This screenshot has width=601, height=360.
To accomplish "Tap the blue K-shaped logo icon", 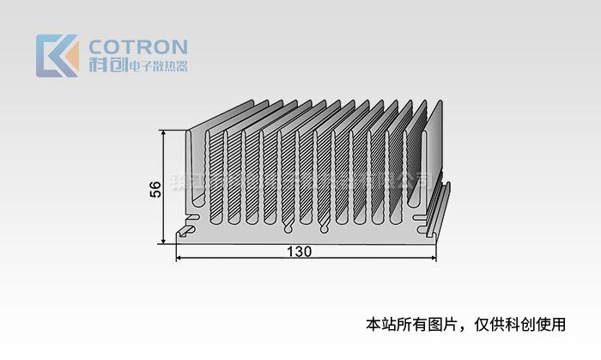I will point(53,56).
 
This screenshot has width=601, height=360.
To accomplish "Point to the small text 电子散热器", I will point(156,66).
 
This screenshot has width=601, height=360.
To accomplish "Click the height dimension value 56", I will point(155,190).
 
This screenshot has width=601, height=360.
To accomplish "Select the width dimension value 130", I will point(300,252).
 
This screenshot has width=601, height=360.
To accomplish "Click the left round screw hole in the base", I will point(288,229).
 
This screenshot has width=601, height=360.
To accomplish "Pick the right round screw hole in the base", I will point(324,229).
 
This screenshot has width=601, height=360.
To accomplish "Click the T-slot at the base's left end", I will point(186,230).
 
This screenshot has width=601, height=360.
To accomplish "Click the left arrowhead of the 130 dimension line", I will point(180,258).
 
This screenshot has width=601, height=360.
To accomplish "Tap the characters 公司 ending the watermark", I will point(416,180).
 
